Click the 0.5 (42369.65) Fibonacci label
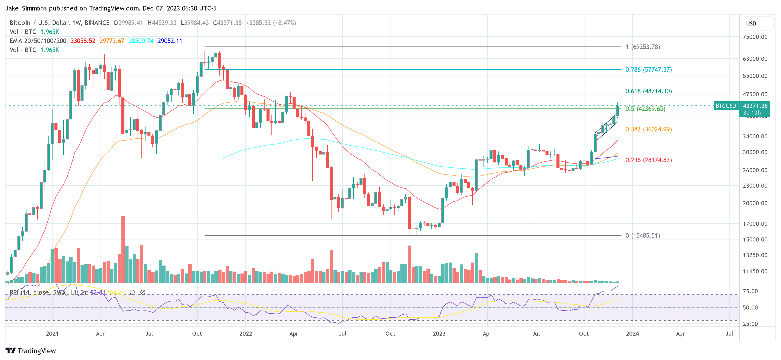tap(645, 109)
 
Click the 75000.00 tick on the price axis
tap(755, 37)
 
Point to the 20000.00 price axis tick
tap(755, 203)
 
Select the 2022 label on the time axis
tap(246, 334)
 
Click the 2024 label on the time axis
tap(632, 334)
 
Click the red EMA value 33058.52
tap(83, 41)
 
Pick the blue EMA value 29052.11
tap(170, 41)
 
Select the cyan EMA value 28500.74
tap(141, 41)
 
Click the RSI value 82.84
tap(98, 292)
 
